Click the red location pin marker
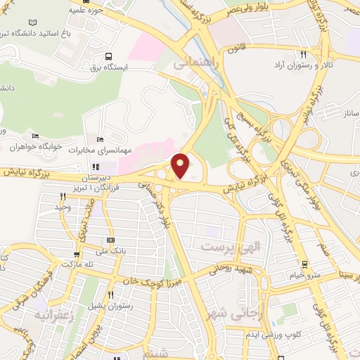coord(181,165)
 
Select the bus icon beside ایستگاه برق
coord(108,56)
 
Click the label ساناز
coord(347,112)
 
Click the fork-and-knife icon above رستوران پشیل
coord(110,295)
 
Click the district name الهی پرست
coord(226,247)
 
